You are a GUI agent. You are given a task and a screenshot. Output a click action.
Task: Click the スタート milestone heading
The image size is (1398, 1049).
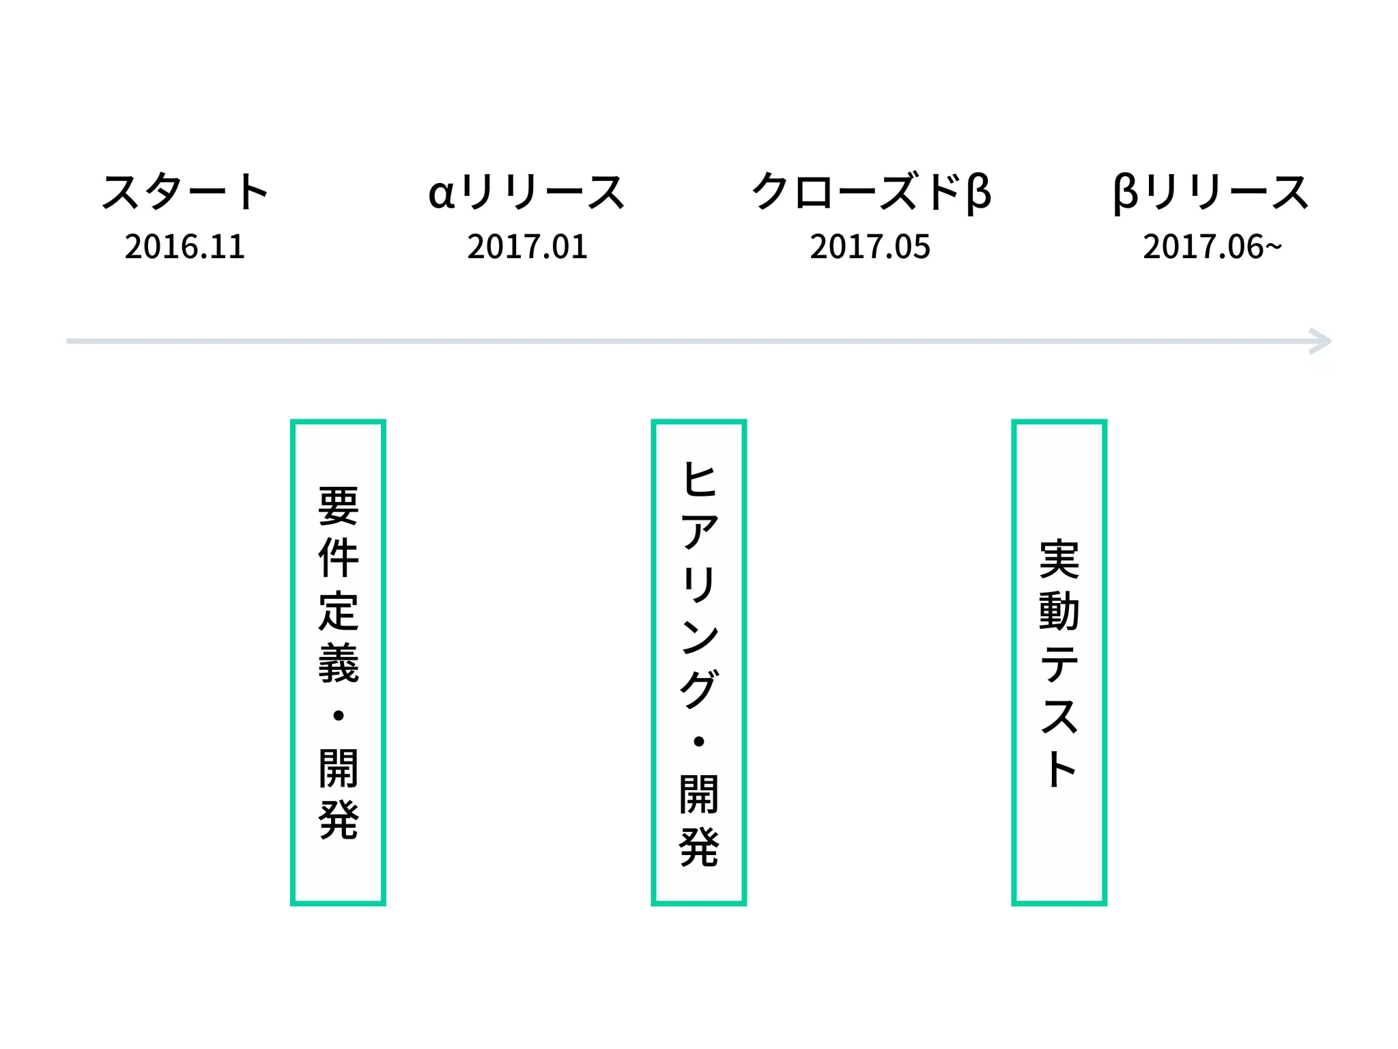185,192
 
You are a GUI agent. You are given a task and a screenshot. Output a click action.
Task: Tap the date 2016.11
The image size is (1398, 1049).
184,247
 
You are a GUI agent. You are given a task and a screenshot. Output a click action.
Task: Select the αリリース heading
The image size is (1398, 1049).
526,192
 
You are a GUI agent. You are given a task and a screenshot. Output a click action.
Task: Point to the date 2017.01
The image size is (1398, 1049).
527,247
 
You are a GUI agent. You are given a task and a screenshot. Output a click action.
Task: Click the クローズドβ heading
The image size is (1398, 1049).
870,192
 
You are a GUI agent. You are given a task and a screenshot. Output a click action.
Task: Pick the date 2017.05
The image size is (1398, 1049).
870,247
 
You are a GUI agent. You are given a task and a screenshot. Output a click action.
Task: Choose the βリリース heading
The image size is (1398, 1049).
1211,192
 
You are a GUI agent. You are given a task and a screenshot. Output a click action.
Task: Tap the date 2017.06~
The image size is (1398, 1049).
1212,247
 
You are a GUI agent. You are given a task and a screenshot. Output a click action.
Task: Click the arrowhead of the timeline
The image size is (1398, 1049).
1320,341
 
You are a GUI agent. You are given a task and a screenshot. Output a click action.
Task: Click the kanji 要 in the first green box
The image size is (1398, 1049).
338,506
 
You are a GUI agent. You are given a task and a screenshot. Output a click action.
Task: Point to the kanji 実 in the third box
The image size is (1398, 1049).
1059,559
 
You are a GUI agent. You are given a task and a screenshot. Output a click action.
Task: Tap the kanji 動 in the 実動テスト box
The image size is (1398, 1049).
1059,611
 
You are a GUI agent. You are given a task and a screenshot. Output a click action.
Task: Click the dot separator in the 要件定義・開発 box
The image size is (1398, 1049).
338,716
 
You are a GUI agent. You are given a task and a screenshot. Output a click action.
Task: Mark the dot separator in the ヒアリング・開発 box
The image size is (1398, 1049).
698,742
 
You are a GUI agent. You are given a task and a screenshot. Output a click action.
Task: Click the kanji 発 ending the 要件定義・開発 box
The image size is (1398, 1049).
338,820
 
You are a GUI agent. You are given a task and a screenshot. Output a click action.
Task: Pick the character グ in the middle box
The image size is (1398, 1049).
699,688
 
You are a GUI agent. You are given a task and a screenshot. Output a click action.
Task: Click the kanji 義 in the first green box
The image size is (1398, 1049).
338,663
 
